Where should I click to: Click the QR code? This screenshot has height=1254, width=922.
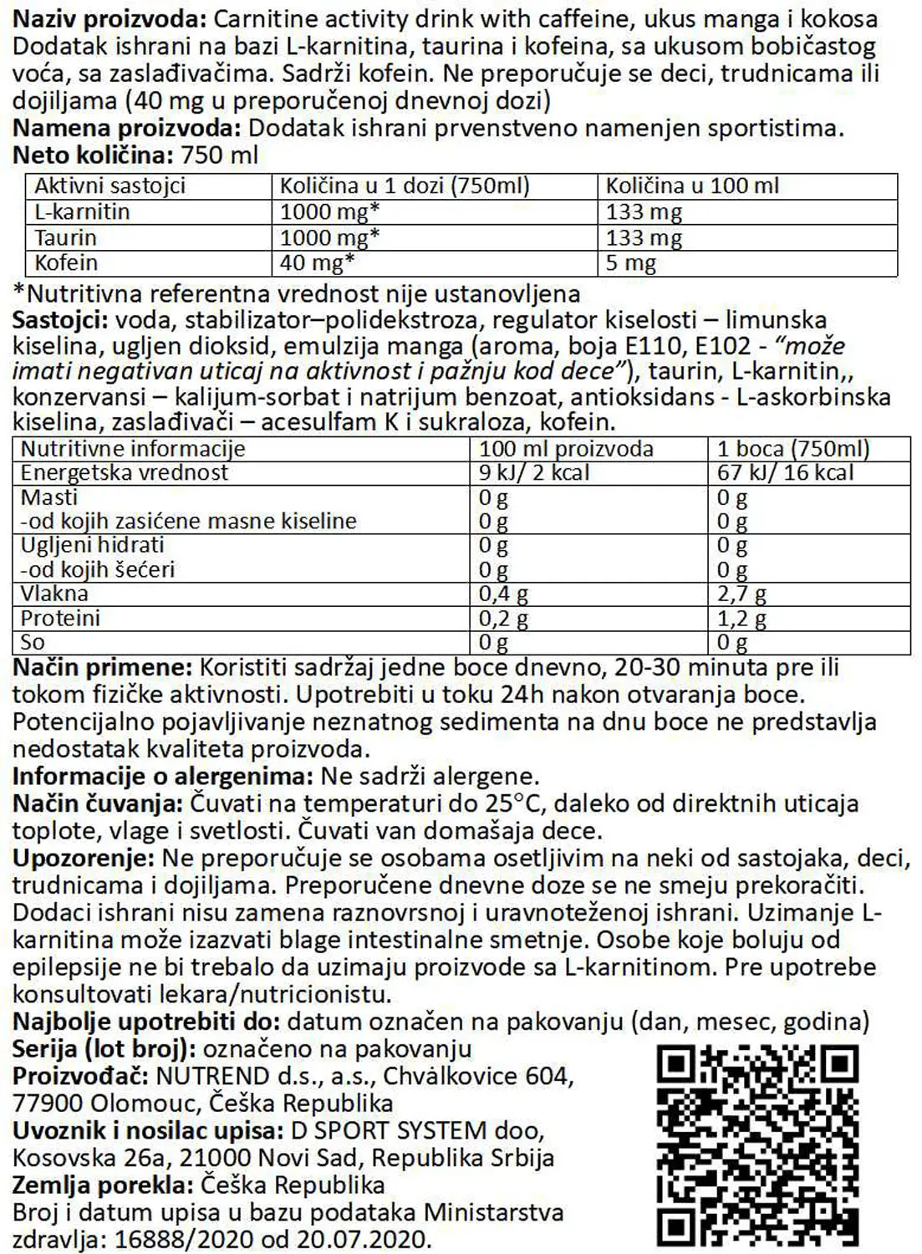click(x=758, y=1145)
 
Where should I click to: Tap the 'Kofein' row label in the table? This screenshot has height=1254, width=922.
click(x=66, y=263)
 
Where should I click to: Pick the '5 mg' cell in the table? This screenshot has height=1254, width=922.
click(x=631, y=263)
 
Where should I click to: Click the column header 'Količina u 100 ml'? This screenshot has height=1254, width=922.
click(x=692, y=186)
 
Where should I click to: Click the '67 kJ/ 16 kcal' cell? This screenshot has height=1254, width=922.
click(x=786, y=472)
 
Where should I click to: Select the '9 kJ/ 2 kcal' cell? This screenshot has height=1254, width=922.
click(x=534, y=472)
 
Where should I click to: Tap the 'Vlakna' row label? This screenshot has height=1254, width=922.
click(x=54, y=594)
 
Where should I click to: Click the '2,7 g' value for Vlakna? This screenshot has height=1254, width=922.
click(x=742, y=594)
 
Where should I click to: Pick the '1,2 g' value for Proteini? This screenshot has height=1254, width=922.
click(x=742, y=619)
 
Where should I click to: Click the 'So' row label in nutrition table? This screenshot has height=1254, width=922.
click(x=33, y=642)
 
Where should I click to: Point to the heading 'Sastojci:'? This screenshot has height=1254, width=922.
click(x=60, y=320)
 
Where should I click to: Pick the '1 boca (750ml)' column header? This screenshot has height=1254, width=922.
click(x=793, y=449)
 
